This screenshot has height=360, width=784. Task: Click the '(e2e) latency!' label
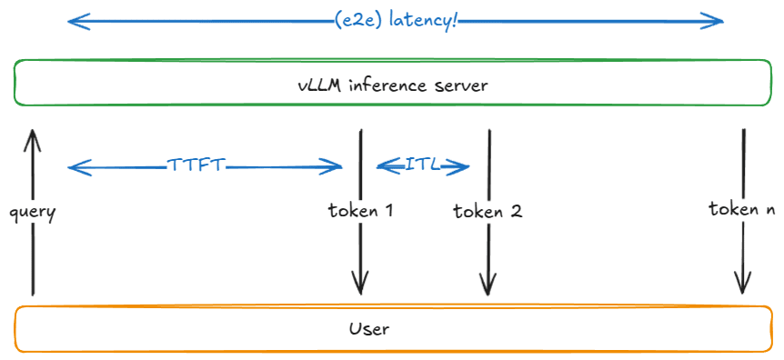pos(396,20)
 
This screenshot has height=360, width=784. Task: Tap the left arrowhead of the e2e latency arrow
pos(73,20)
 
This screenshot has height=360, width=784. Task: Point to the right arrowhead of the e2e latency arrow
pos(719,20)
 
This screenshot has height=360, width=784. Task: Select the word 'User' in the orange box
pos(369,328)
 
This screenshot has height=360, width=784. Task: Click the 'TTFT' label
pos(196,165)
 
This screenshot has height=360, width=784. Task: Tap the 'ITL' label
pos(423,165)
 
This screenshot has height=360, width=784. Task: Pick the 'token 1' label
pos(360,212)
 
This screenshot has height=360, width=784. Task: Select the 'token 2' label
pos(487,212)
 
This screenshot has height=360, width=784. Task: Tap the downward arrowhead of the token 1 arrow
pos(361,289)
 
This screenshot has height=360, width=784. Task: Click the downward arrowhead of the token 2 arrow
pos(488,289)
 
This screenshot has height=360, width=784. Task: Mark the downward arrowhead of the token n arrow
pos(743,289)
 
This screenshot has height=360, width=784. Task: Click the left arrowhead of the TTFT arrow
pos(73,166)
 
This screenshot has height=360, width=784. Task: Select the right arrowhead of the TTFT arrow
pos(337,166)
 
